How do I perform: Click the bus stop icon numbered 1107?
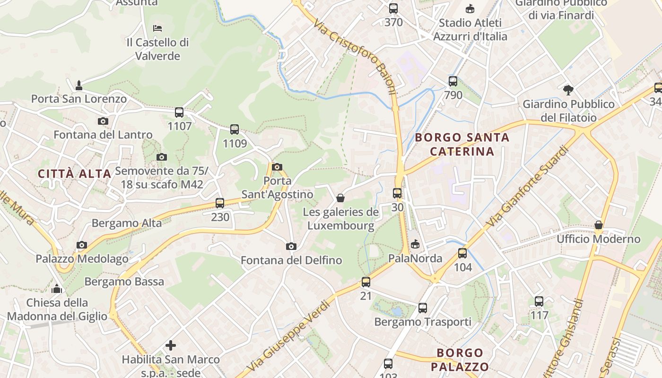(x=179, y=112)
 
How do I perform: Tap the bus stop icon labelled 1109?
(x=235, y=129)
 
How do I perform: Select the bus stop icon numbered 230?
(x=220, y=203)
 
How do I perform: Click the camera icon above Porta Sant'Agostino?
(x=278, y=167)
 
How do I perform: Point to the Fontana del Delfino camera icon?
(x=291, y=246)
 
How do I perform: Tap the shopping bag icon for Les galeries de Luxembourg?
(x=340, y=198)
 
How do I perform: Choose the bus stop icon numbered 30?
(x=397, y=193)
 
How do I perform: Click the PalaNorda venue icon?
(x=415, y=244)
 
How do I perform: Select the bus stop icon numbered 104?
(x=462, y=253)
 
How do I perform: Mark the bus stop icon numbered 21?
(x=366, y=282)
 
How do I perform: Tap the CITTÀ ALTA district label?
(x=75, y=173)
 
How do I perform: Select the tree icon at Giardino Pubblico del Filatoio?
(x=568, y=90)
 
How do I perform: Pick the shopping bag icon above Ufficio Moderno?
(x=599, y=225)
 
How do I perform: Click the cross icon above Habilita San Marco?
(x=171, y=345)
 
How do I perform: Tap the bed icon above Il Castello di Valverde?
(x=157, y=28)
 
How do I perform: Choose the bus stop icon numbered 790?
(x=453, y=81)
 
